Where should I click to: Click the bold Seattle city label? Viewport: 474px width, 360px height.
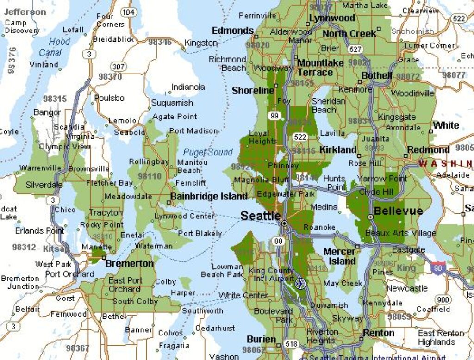click(x=260, y=216)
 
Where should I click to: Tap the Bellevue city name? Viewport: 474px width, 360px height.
click(x=398, y=211)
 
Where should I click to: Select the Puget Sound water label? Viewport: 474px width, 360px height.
click(x=208, y=152)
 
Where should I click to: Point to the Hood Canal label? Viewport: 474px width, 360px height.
click(x=55, y=47)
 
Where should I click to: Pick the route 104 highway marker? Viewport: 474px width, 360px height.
click(x=129, y=12)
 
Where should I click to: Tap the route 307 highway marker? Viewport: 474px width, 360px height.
click(x=118, y=67)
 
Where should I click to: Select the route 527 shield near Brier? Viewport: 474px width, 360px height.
click(x=355, y=50)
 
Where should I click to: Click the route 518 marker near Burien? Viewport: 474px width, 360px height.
click(x=292, y=344)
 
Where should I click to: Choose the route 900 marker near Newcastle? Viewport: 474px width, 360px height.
click(x=443, y=299)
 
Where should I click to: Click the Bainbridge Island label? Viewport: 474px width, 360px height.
click(x=209, y=196)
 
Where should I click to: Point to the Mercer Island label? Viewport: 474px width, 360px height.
click(x=340, y=256)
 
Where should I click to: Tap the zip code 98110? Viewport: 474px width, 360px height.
click(x=150, y=176)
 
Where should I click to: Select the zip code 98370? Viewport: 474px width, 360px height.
click(x=110, y=76)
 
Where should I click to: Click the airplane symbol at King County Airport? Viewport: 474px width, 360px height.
click(x=300, y=282)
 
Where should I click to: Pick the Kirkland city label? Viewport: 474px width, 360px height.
click(x=338, y=149)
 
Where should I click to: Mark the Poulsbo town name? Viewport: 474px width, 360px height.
click(x=109, y=98)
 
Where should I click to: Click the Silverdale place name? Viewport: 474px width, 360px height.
click(x=44, y=185)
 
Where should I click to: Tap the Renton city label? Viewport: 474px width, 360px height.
click(x=379, y=333)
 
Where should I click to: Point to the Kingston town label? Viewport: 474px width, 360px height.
click(x=201, y=43)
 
